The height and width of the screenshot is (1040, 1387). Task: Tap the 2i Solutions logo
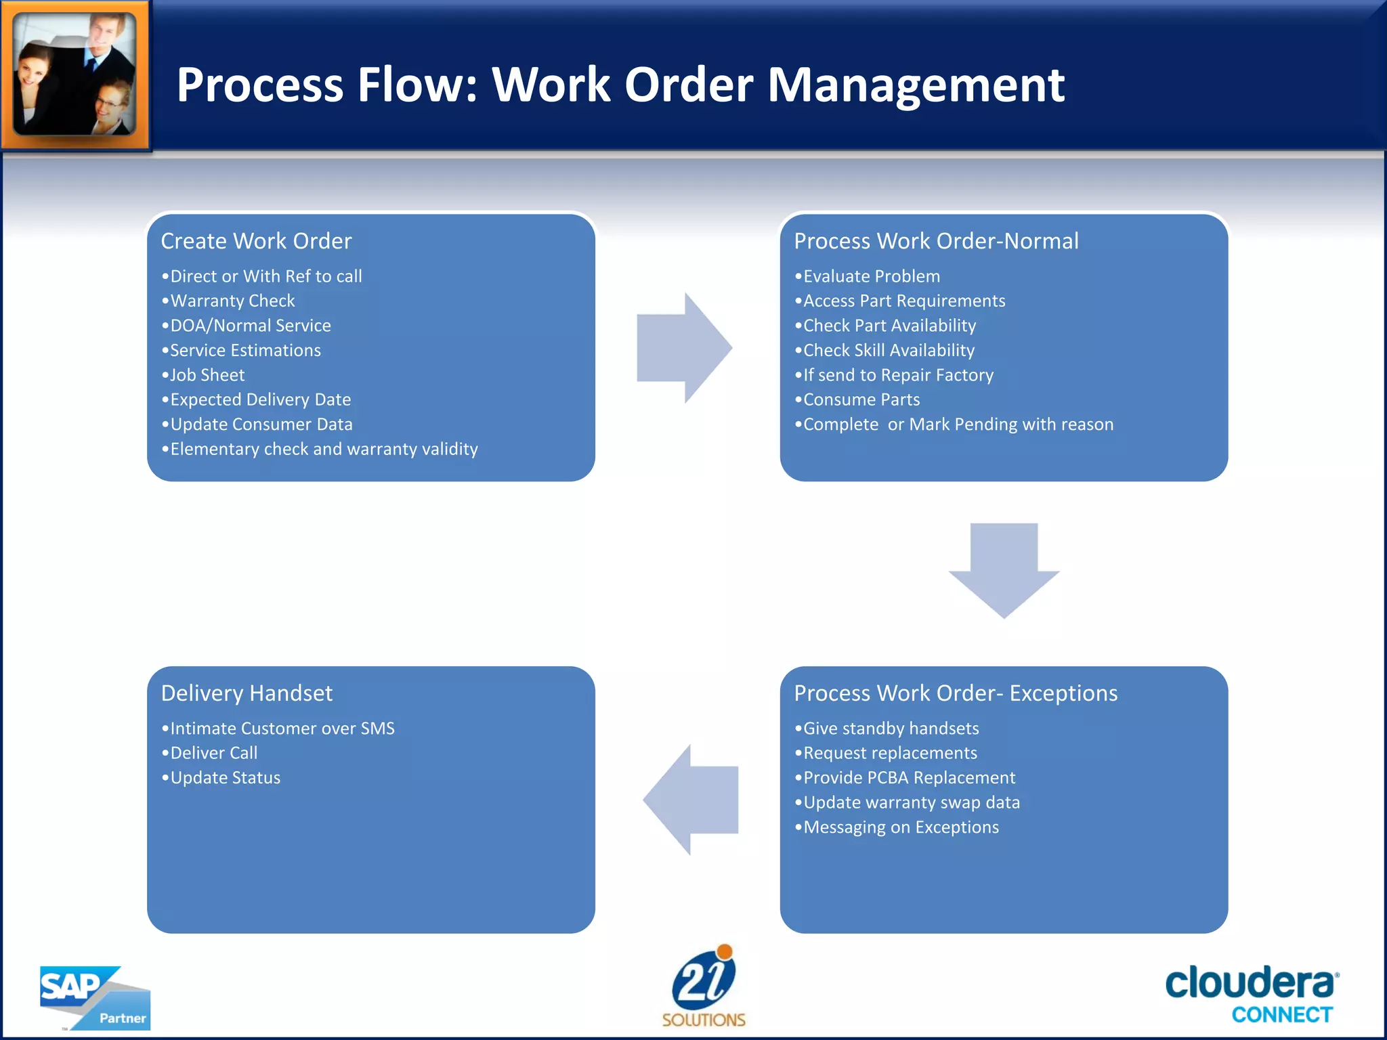click(x=704, y=986)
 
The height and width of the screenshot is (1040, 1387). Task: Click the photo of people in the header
click(x=75, y=74)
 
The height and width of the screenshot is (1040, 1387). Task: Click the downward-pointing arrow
click(x=1004, y=569)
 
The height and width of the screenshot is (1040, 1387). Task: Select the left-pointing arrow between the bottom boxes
click(x=691, y=800)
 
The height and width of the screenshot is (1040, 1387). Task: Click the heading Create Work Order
click(x=256, y=241)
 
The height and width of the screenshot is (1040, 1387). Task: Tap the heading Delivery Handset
click(x=247, y=693)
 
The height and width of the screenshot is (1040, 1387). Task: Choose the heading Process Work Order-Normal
click(x=936, y=241)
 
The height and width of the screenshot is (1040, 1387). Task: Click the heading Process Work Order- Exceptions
click(x=955, y=693)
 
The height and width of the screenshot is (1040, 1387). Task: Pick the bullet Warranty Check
click(x=232, y=301)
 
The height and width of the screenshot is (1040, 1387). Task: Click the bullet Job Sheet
click(x=207, y=375)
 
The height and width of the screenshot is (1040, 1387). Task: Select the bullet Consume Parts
click(x=861, y=399)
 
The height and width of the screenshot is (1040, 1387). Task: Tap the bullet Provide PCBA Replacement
click(x=909, y=778)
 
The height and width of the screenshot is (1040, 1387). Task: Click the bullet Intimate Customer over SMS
click(x=282, y=729)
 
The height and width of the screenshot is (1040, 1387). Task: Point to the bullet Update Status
click(x=225, y=778)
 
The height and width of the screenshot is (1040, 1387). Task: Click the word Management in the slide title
click(x=916, y=85)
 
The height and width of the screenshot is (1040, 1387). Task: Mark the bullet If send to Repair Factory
click(x=898, y=375)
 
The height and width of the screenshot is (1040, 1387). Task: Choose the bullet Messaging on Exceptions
click(x=901, y=827)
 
